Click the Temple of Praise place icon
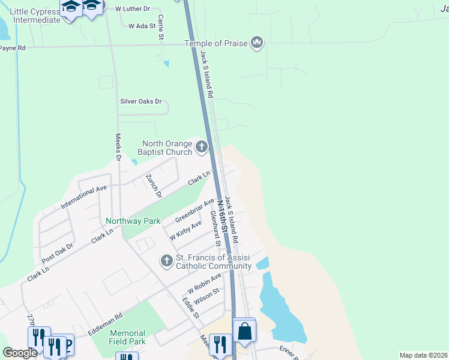(x=258, y=43)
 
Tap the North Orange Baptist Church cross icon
(x=202, y=146)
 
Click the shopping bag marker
(x=244, y=331)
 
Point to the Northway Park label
(x=133, y=221)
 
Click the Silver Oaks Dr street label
(x=141, y=101)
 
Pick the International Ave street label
(x=83, y=197)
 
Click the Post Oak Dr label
(x=58, y=254)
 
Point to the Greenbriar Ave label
(x=195, y=210)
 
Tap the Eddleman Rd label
(x=105, y=323)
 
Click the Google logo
(x=20, y=353)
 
